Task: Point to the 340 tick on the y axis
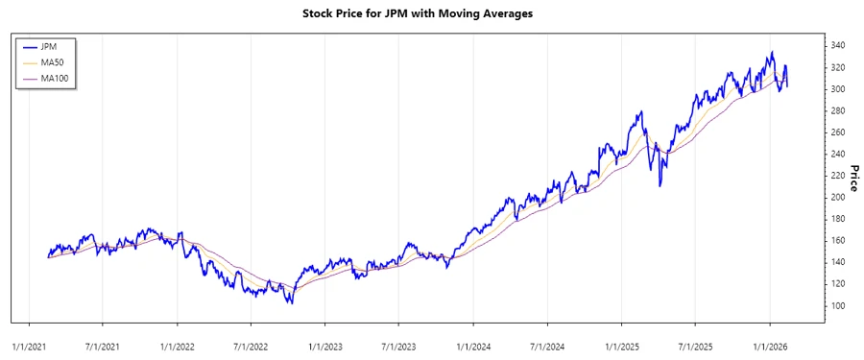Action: click(837, 46)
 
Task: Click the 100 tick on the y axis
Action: click(837, 305)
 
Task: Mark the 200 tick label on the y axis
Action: click(837, 198)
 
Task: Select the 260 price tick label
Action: click(837, 132)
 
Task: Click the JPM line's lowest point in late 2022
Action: click(291, 303)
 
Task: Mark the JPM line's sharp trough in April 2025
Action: click(660, 185)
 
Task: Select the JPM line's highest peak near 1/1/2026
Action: click(771, 53)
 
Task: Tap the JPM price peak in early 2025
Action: click(640, 112)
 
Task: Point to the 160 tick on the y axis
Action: click(837, 241)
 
